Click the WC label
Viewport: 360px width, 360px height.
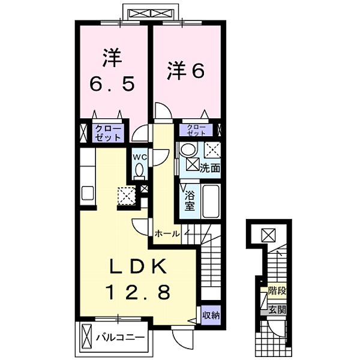point(140,157)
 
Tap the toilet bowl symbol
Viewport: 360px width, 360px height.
point(140,172)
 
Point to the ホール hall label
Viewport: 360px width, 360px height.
point(166,233)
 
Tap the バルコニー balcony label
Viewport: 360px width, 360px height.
point(120,338)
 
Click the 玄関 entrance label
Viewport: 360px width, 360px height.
point(277,310)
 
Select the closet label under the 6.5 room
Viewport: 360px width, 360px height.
point(108,133)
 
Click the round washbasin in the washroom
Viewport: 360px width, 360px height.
point(188,150)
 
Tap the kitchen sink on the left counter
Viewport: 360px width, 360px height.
point(87,195)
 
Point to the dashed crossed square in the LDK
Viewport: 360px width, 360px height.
point(127,195)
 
